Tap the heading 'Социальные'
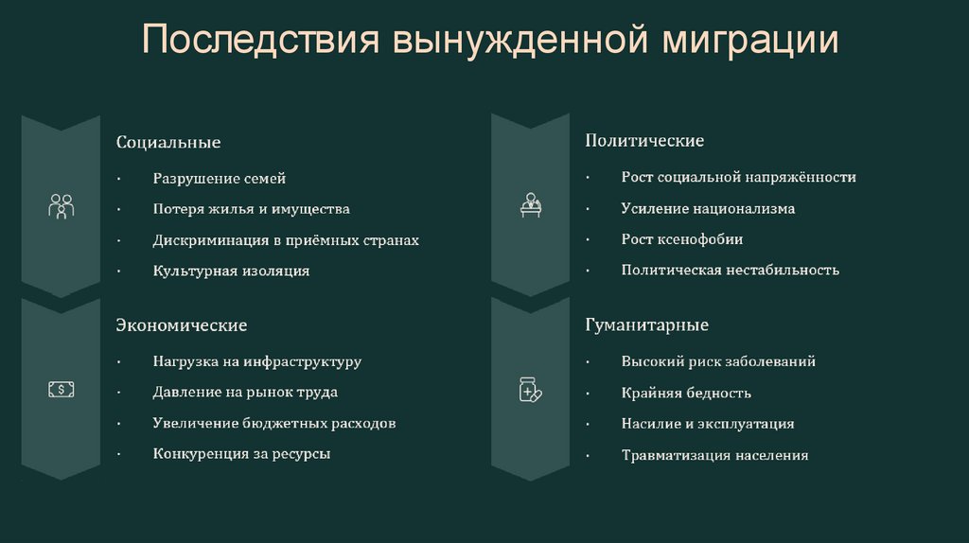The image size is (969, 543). (168, 142)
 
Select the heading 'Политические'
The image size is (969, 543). (643, 141)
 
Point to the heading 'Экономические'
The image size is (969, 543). (182, 325)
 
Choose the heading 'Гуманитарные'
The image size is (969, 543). (646, 325)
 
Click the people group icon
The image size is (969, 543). (61, 206)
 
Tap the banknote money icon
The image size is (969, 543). (61, 389)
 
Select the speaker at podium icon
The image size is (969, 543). (531, 204)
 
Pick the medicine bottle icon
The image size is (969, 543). (530, 389)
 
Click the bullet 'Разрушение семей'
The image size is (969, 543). (219, 179)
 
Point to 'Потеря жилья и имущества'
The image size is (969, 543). (251, 209)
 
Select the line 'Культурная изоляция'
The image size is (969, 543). (231, 271)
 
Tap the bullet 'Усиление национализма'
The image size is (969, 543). (708, 208)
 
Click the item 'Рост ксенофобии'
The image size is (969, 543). (681, 239)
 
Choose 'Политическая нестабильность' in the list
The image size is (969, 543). (730, 270)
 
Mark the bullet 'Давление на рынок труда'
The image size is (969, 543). (245, 392)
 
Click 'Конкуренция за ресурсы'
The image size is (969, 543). (241, 453)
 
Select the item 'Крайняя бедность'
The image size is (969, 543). (686, 393)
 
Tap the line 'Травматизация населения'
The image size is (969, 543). (714, 455)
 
